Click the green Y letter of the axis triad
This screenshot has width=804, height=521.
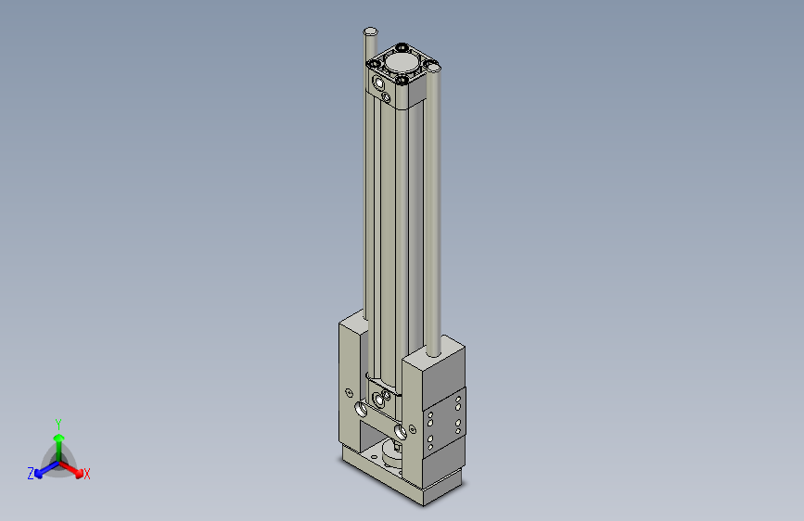tap(57, 423)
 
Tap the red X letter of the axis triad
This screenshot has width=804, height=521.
tap(87, 475)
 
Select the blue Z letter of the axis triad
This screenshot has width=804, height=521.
tap(31, 474)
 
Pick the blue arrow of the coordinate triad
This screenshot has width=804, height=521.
tap(43, 468)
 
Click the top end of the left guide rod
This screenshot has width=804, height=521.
tap(370, 32)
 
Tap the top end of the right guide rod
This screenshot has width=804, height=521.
tap(434, 69)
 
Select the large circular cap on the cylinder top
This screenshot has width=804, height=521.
tap(402, 62)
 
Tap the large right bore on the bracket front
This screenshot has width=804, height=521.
tap(400, 430)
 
